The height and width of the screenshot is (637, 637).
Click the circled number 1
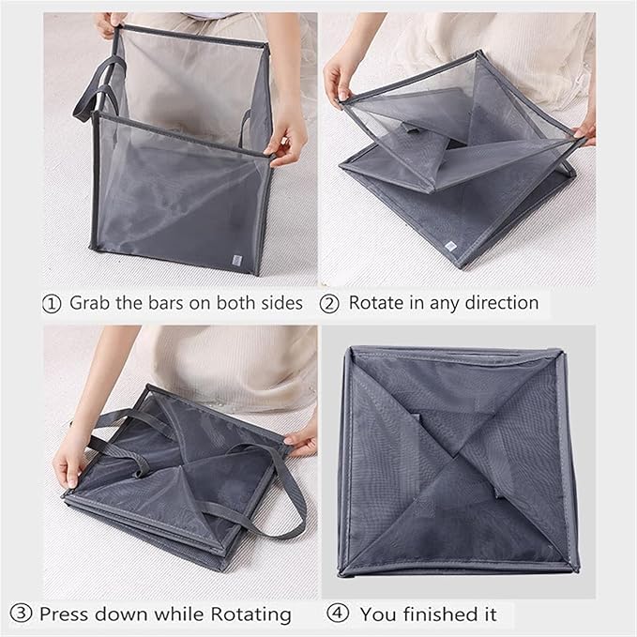[x=53, y=303]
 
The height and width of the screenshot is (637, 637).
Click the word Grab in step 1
[x=92, y=303]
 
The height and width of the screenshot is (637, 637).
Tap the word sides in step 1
[x=279, y=303]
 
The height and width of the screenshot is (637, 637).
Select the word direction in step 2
[x=502, y=303]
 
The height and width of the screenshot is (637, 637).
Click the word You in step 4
[x=377, y=614]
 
